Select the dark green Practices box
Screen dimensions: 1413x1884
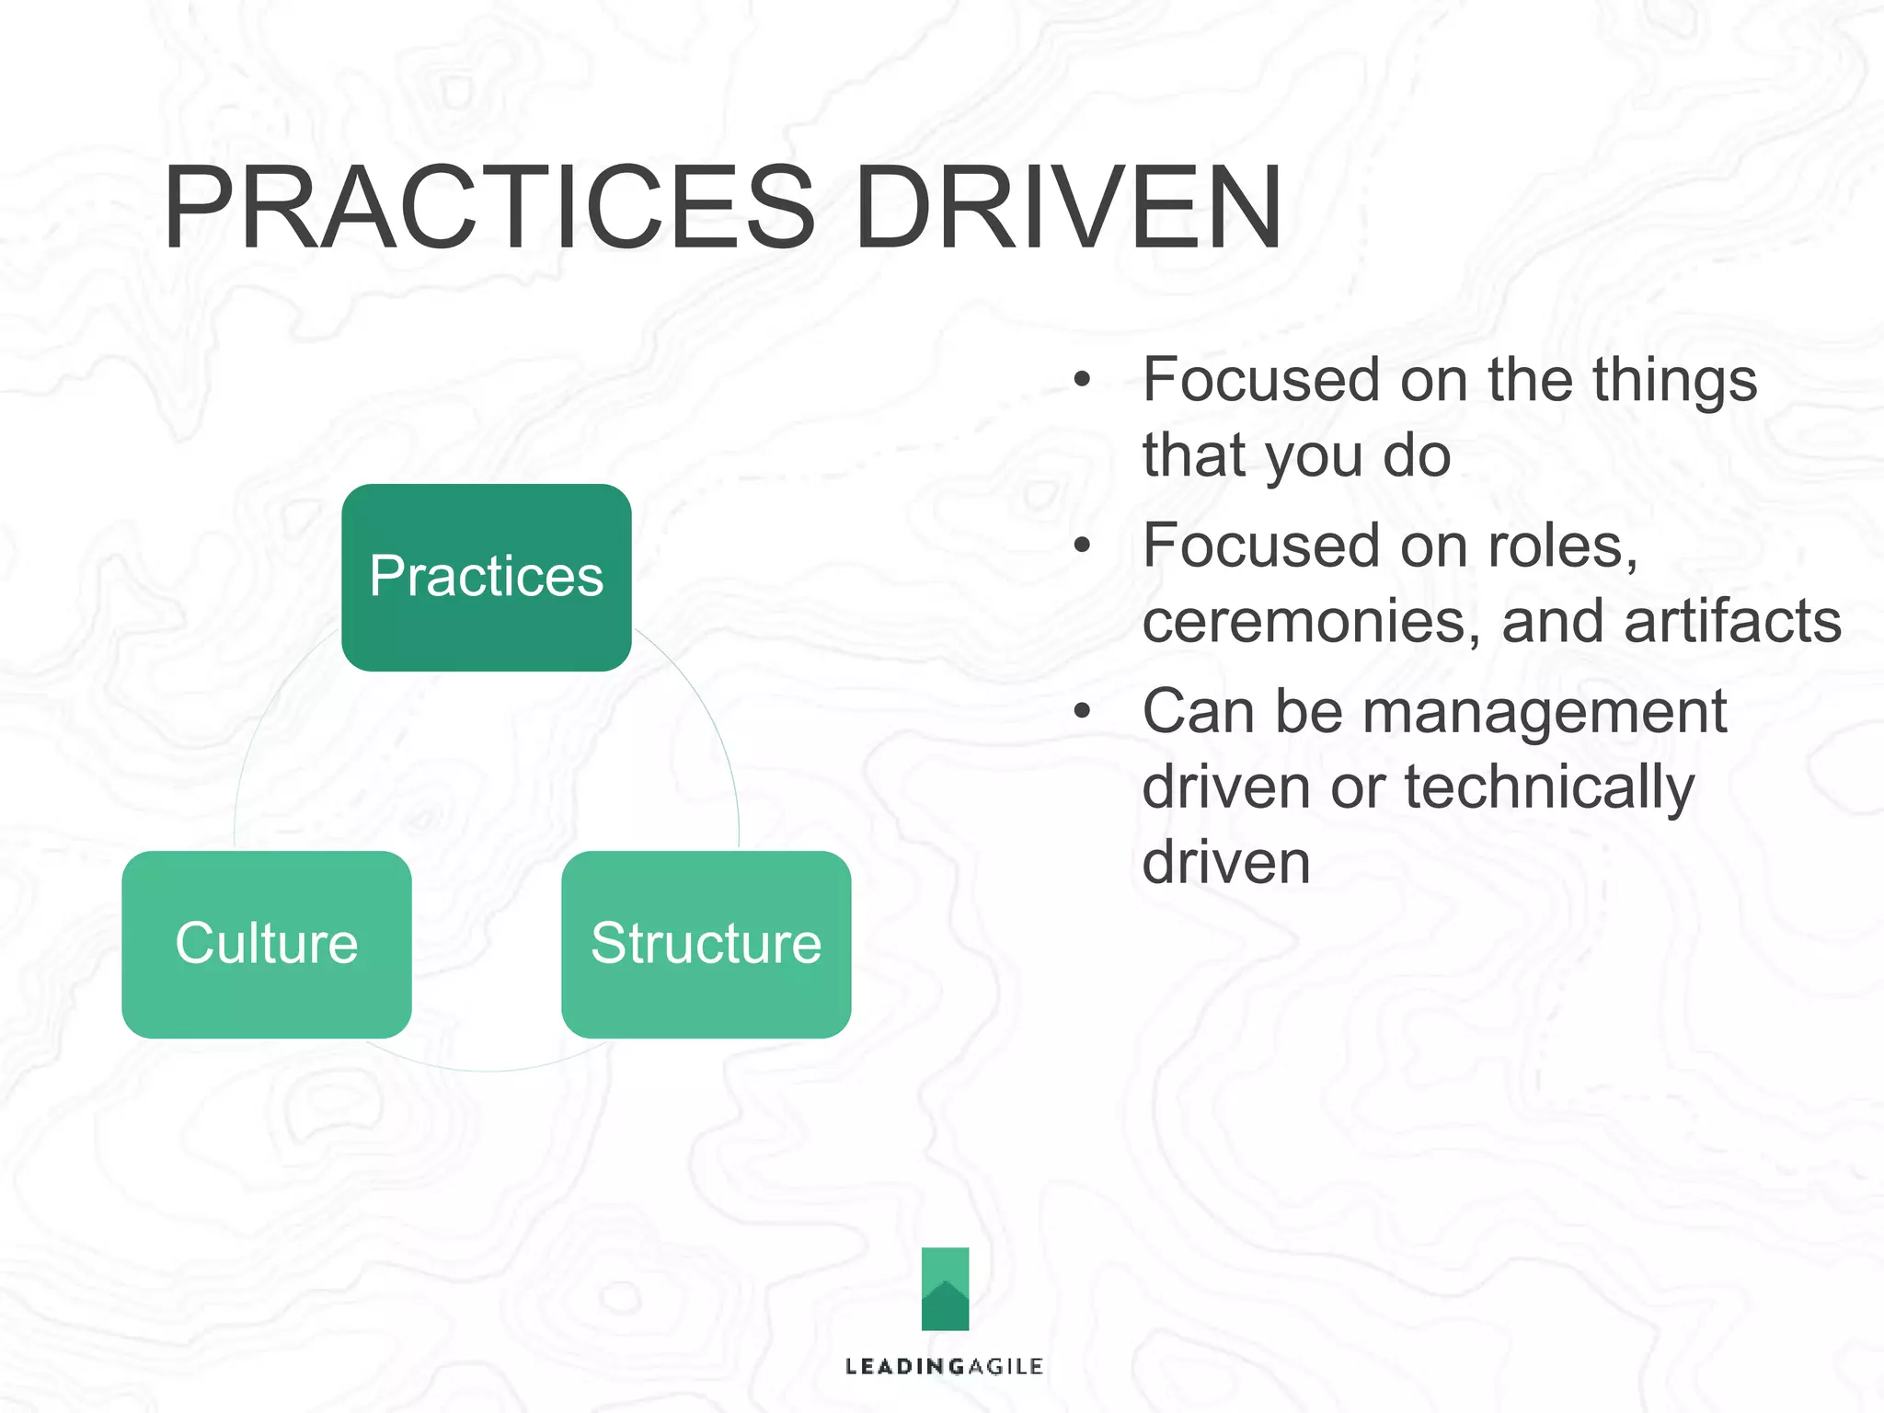tap(486, 577)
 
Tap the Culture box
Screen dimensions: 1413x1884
tap(266, 944)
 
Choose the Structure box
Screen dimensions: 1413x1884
tap(706, 944)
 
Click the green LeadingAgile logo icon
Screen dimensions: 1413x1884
tap(945, 1288)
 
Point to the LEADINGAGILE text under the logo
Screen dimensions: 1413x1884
tap(944, 1366)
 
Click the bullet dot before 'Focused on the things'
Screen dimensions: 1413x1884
tap(1082, 379)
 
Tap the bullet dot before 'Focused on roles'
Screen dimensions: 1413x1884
tap(1082, 546)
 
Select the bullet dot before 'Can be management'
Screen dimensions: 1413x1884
tap(1082, 711)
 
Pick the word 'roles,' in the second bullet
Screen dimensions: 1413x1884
tap(1563, 546)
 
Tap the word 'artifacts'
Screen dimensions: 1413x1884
tap(1732, 621)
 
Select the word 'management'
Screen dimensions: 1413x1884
tap(1544, 713)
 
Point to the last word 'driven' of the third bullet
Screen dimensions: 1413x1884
tap(1225, 862)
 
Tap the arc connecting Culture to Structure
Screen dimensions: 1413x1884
tap(487, 1070)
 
